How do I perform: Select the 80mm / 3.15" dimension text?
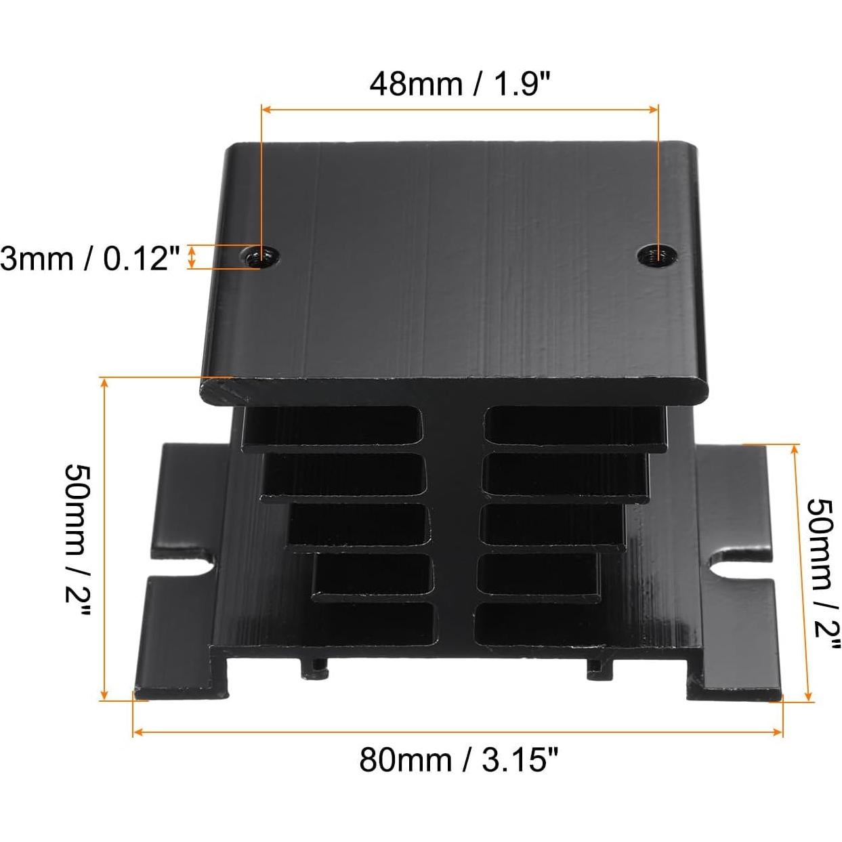pos(460,759)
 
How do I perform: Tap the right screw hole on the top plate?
pos(654,255)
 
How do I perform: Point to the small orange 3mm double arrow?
pos(192,257)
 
